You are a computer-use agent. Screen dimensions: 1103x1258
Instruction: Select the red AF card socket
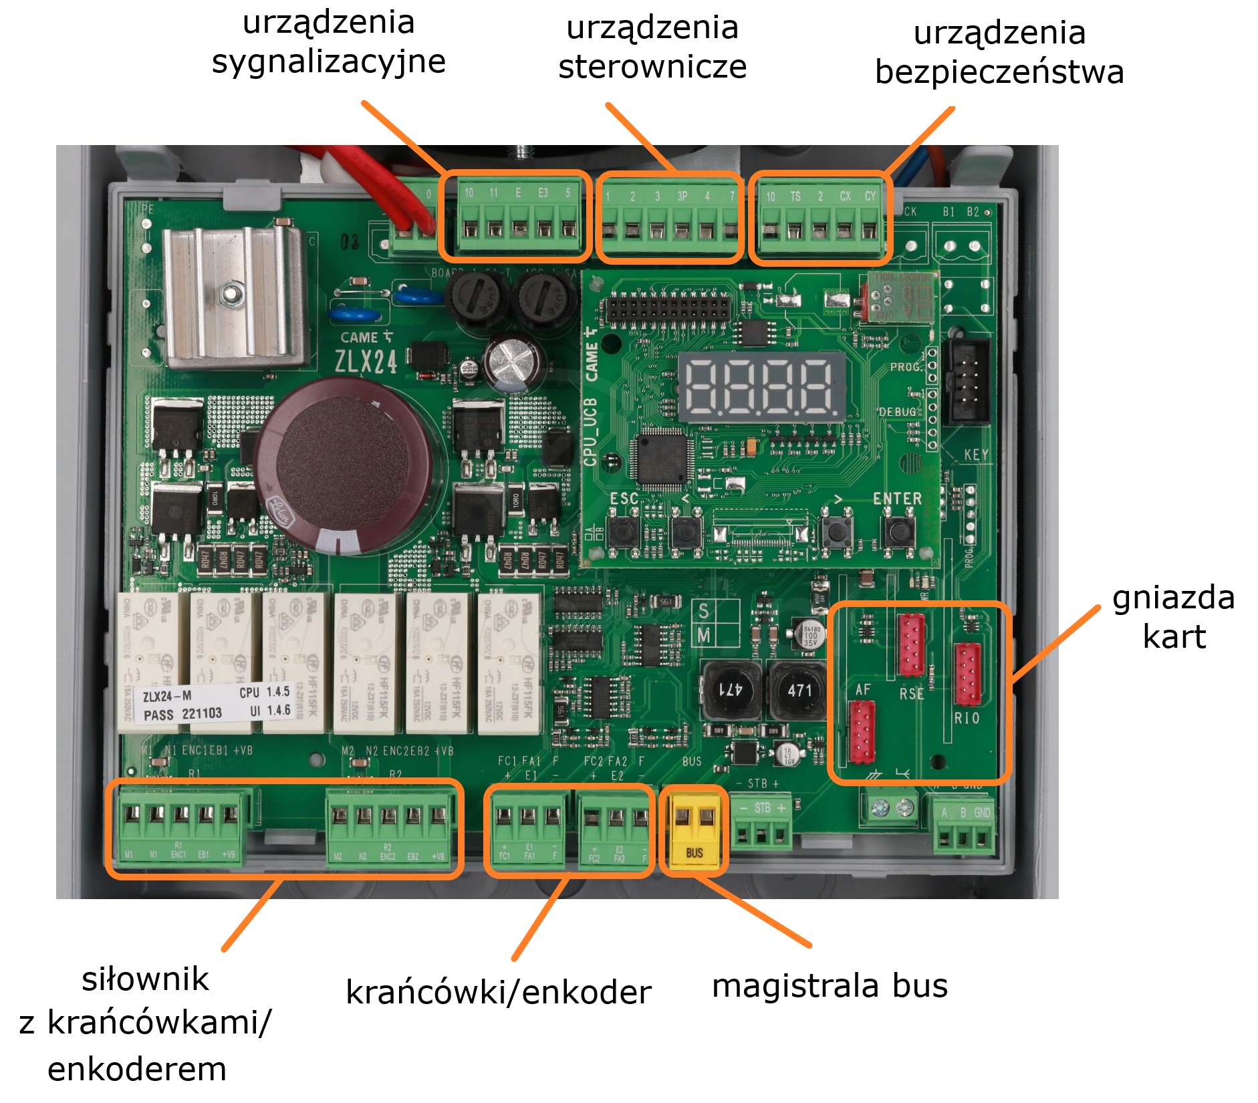pos(862,733)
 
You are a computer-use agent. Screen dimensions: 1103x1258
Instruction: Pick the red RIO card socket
pos(967,674)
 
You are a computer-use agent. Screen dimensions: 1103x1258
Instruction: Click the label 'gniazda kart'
pos(1173,617)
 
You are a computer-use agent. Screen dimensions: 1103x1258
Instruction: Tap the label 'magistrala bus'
pos(830,986)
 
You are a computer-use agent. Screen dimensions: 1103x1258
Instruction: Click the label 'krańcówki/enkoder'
pos(498,992)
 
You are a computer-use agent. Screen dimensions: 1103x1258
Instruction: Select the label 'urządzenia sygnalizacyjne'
pos(328,42)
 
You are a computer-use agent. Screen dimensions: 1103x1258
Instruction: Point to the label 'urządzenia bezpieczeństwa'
pos(999,53)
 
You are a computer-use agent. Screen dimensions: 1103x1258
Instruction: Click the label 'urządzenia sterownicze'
pos(652,47)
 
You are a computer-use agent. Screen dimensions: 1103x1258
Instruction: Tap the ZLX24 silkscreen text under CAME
pos(366,362)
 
